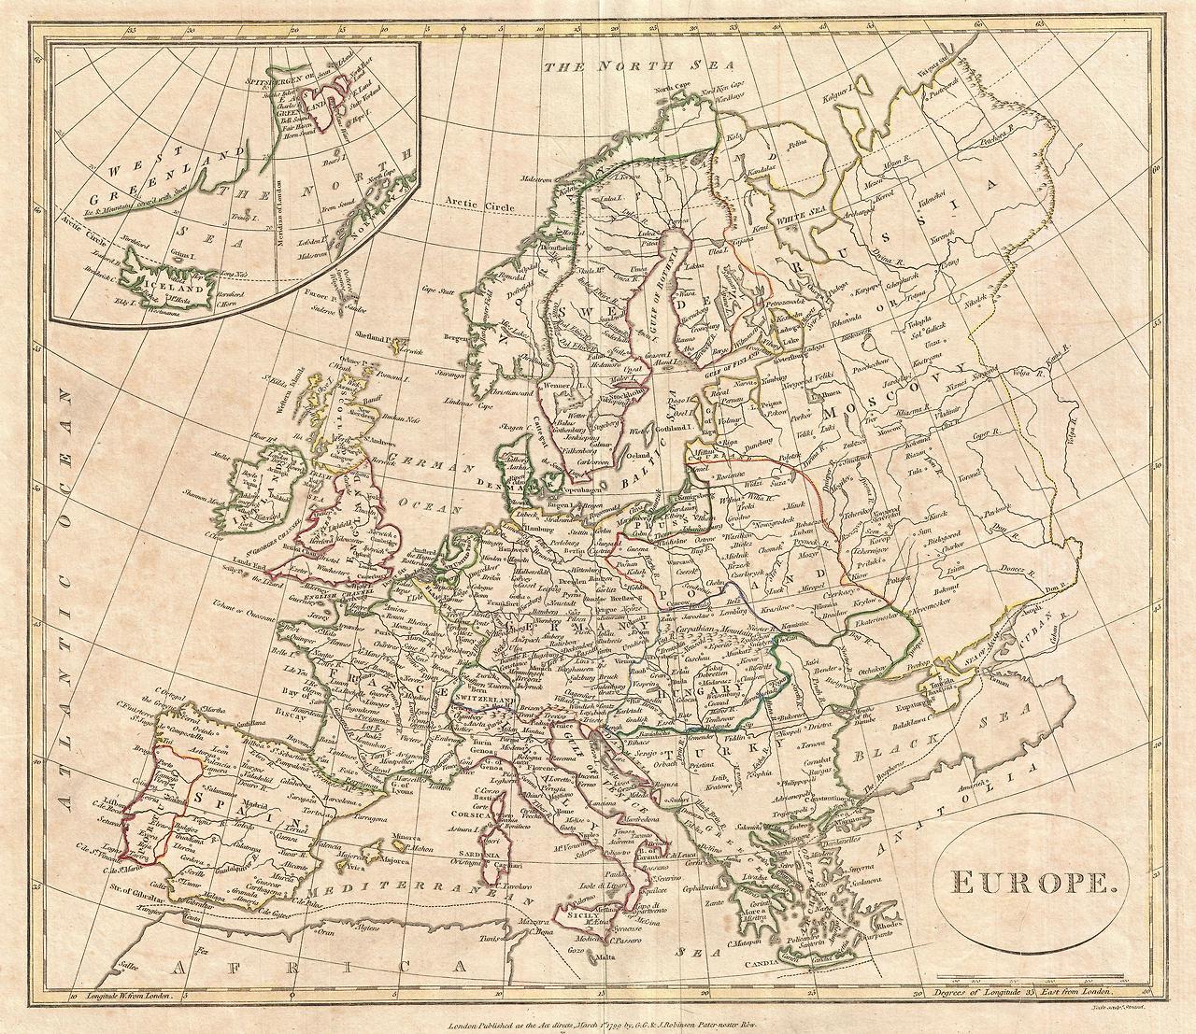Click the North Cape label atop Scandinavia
point(676,89)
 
